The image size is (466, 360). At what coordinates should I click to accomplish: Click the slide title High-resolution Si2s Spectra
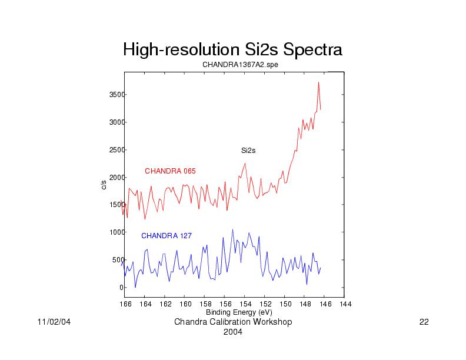232,50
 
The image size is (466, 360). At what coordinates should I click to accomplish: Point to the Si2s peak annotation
248,151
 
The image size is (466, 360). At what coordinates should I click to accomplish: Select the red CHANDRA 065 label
170,171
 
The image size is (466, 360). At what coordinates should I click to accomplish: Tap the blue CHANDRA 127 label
166,236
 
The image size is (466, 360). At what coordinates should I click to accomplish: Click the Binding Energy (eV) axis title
238,312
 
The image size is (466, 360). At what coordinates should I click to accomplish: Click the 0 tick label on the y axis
119,288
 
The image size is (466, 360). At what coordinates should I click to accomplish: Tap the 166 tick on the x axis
125,304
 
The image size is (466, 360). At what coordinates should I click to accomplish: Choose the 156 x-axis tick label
225,304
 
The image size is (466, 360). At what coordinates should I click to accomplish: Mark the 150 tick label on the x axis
285,304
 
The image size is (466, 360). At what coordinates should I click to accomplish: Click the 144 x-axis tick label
345,304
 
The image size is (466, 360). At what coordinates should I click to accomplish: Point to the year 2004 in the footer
233,332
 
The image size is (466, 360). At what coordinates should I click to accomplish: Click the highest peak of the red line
318,83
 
